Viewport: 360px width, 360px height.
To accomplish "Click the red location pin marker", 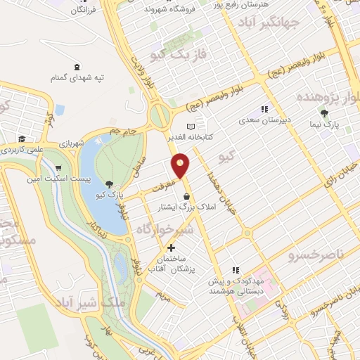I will [x=181, y=166].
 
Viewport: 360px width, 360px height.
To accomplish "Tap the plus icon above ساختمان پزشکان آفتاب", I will [x=172, y=247].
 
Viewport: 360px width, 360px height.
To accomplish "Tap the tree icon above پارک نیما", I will [x=323, y=112].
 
